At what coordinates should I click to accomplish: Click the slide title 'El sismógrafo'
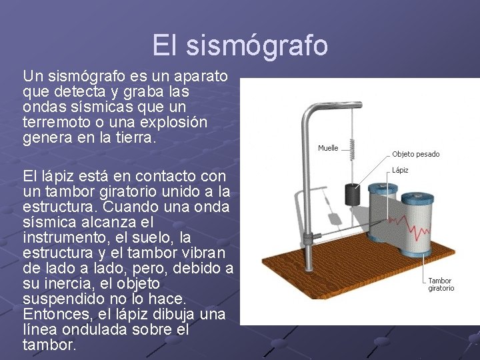(240, 45)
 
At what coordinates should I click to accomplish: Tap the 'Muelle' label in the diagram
(327, 148)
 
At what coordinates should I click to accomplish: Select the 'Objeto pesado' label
(415, 154)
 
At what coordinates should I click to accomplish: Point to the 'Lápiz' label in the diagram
(400, 170)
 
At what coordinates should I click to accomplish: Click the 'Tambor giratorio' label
(441, 285)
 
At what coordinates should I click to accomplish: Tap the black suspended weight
(352, 195)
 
